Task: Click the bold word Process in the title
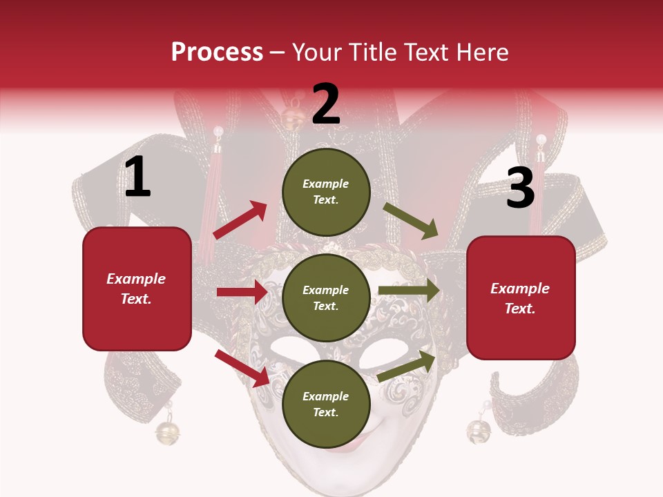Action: (x=217, y=52)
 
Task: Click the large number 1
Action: (x=137, y=177)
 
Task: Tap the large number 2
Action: (x=326, y=104)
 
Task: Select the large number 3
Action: (x=520, y=188)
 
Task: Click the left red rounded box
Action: (x=137, y=289)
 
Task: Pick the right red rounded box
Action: (x=521, y=298)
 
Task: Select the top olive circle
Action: (x=326, y=192)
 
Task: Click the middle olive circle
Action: (x=326, y=298)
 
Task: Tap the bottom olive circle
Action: (x=326, y=404)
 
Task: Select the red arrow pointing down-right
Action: (x=242, y=368)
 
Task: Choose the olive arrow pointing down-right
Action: (x=411, y=220)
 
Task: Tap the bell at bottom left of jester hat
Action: (x=167, y=433)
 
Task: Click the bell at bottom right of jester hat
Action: (x=478, y=431)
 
